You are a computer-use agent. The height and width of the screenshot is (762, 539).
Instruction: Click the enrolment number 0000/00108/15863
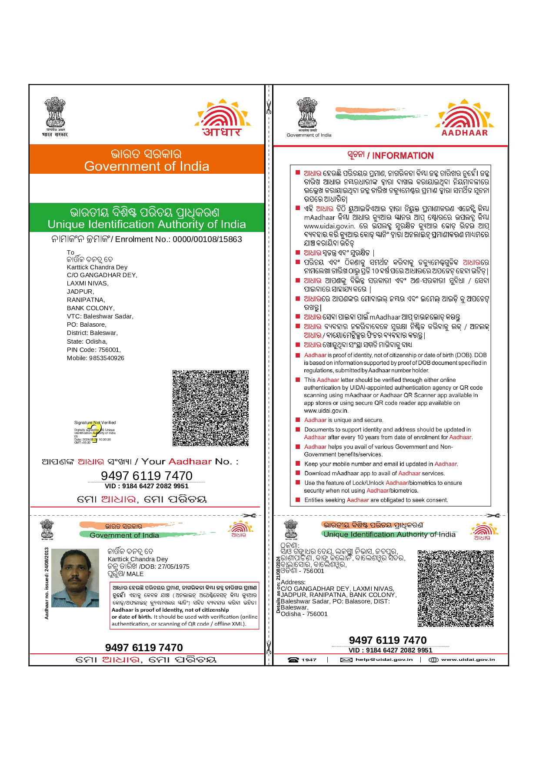point(207,239)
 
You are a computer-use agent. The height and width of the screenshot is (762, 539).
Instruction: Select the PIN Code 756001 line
point(94,350)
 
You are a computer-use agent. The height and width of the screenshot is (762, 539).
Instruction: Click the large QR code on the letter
point(210,408)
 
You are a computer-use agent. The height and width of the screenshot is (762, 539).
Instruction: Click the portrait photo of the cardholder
point(75,577)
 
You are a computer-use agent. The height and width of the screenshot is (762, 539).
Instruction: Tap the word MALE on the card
point(135,574)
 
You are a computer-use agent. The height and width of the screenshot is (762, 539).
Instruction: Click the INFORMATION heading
point(403,156)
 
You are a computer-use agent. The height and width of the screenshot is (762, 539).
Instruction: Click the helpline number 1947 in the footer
point(309,659)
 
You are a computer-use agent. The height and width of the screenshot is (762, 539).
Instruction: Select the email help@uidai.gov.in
point(384,659)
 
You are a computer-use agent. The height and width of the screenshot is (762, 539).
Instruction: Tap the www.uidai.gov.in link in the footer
point(468,659)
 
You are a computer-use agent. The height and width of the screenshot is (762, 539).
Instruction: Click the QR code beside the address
point(456,589)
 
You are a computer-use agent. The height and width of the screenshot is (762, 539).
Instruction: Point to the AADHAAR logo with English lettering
point(464,118)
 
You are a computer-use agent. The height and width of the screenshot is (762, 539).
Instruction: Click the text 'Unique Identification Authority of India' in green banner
point(146,224)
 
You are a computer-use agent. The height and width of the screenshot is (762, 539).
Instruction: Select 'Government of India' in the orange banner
point(146,166)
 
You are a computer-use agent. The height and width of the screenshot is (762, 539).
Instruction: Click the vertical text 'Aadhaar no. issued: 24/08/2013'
point(47,583)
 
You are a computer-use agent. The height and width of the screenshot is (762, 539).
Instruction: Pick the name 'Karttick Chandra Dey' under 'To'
point(97,267)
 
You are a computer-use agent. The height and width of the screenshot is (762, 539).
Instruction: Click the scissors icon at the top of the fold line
point(269,106)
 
